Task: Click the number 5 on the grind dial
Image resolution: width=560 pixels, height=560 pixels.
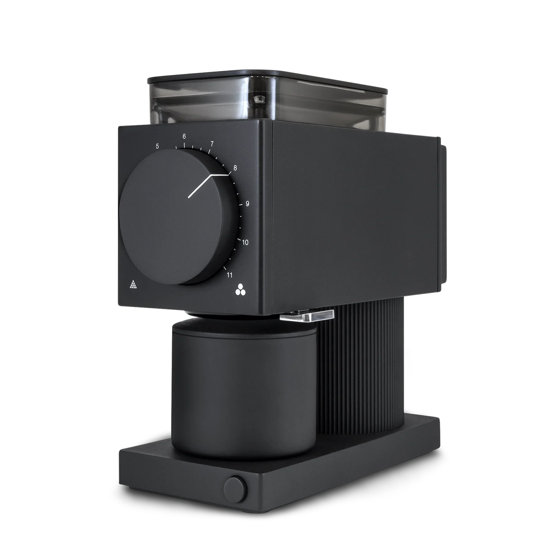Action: [157, 146]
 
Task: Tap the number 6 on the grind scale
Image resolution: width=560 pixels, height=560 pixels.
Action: [184, 136]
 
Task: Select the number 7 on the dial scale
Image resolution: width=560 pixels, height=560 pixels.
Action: [212, 144]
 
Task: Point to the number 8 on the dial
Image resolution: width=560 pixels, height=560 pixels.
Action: [234, 168]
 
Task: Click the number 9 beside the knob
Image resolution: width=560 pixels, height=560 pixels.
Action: [247, 203]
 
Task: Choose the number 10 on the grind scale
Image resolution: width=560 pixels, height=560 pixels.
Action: [245, 243]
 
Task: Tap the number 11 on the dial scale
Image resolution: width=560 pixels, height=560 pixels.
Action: [229, 275]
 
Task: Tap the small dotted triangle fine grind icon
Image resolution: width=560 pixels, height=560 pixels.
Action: [133, 285]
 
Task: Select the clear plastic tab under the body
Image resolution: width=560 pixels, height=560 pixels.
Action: [308, 316]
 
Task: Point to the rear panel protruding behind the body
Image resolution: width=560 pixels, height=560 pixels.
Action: [443, 213]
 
